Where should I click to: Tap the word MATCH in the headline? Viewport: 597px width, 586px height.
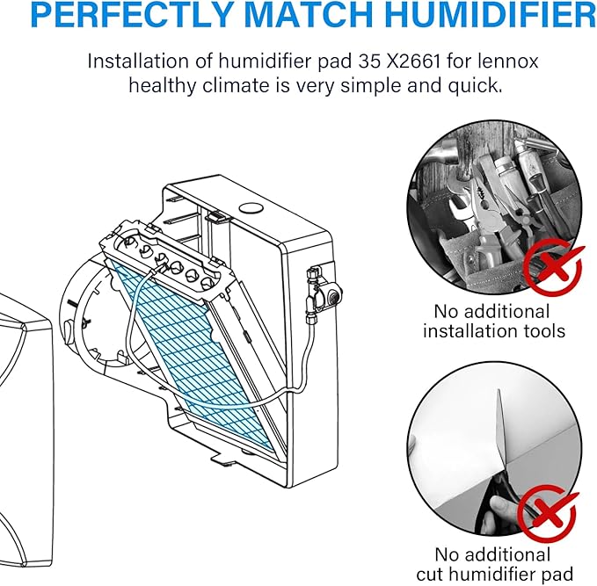point(311,14)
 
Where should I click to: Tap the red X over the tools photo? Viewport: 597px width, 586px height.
point(554,265)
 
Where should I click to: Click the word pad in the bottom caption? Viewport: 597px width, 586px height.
point(557,574)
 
